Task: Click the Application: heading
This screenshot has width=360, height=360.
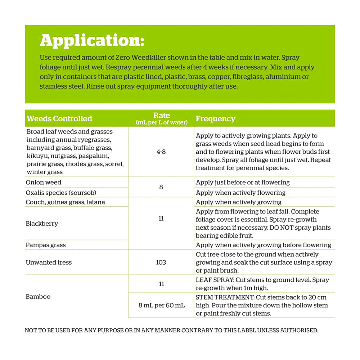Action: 92,40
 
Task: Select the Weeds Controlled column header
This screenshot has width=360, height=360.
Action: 59,118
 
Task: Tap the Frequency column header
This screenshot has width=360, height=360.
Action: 215,118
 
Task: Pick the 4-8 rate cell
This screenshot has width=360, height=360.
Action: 161,152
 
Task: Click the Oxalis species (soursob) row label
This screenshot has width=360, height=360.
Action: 61,193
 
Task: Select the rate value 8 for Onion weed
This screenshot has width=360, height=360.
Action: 161,187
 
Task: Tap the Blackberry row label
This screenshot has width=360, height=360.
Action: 42,224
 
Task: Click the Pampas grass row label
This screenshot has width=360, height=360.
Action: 46,245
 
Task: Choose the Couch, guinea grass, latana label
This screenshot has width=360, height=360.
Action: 65,202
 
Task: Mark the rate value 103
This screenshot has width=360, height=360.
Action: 161,262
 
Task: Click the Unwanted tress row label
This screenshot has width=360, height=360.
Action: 49,262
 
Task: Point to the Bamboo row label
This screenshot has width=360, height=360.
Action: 38,297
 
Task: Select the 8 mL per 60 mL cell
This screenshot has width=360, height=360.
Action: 161,305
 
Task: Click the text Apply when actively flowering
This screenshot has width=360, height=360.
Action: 240,193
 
